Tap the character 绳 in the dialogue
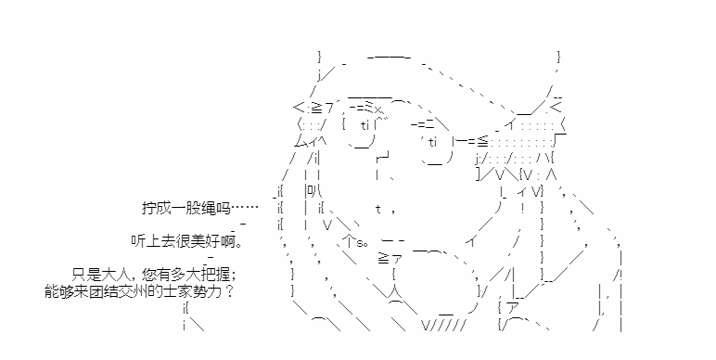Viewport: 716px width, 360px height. click(x=209, y=208)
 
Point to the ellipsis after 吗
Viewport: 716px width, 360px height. click(x=245, y=209)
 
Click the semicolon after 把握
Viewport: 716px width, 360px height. click(x=234, y=276)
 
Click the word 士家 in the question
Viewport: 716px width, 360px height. click(x=176, y=290)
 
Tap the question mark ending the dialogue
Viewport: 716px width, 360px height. click(x=229, y=290)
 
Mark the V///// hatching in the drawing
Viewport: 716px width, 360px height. click(x=443, y=326)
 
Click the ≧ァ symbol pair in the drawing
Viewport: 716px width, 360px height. click(x=390, y=259)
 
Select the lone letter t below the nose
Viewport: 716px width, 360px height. click(x=378, y=210)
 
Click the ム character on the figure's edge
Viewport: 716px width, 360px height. click(x=300, y=142)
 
